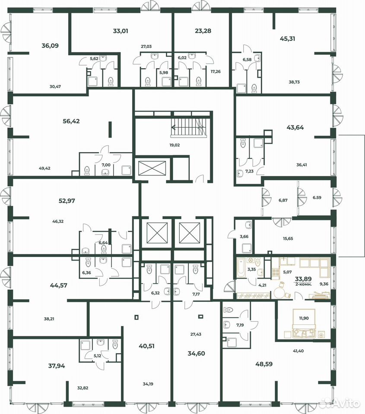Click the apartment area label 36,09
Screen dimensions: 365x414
[x=50, y=46]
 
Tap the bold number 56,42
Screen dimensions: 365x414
[x=71, y=122]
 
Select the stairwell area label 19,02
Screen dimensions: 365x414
[x=175, y=145]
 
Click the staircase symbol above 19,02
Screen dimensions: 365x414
[x=188, y=128]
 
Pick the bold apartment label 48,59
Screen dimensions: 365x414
[x=264, y=364]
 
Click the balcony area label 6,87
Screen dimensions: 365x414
[x=283, y=201]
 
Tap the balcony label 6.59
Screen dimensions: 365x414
[x=317, y=198]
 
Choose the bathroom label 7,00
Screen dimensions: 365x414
[x=106, y=165]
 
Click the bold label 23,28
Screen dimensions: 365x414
[x=203, y=31]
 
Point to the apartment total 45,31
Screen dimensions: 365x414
[x=288, y=39]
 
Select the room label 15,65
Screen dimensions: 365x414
[x=288, y=238]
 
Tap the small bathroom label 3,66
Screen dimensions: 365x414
[x=244, y=237]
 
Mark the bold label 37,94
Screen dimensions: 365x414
[x=56, y=366]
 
